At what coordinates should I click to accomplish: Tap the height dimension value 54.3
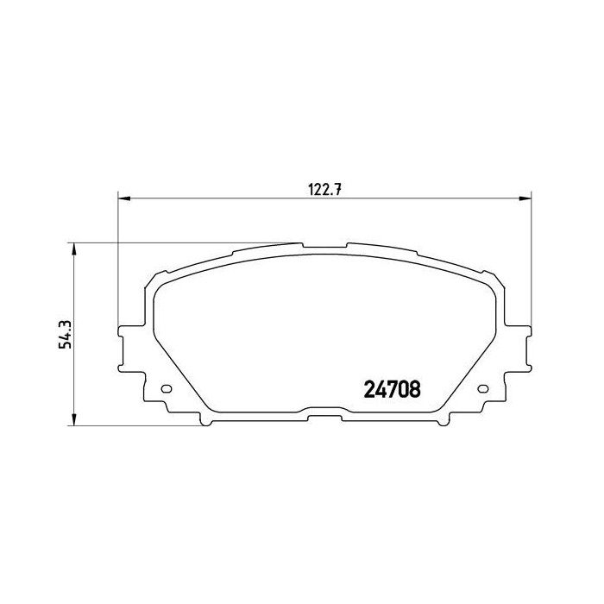click(63, 333)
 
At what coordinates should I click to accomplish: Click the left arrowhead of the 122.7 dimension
click(123, 200)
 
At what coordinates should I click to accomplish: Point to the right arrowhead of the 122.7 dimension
click(525, 200)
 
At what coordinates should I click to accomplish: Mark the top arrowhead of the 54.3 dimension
click(75, 249)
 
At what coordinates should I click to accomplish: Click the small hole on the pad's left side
click(167, 387)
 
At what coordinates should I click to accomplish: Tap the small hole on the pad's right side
click(482, 387)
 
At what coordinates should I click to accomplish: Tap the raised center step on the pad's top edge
click(324, 246)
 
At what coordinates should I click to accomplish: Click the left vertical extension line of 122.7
click(116, 259)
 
